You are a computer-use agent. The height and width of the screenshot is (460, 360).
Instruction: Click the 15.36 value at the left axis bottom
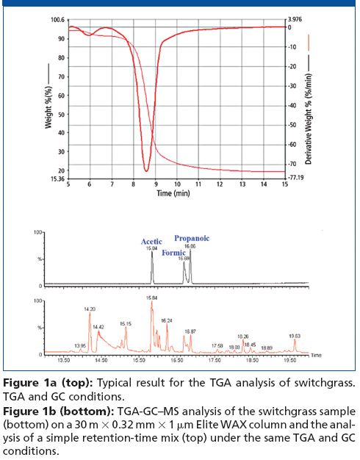coord(57,178)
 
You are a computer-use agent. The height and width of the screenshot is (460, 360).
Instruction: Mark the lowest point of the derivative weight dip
coord(146,170)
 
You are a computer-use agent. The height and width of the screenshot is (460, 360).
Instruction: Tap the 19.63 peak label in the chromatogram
coord(295,334)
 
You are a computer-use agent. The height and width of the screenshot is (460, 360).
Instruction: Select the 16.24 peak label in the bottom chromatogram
coord(167,320)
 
